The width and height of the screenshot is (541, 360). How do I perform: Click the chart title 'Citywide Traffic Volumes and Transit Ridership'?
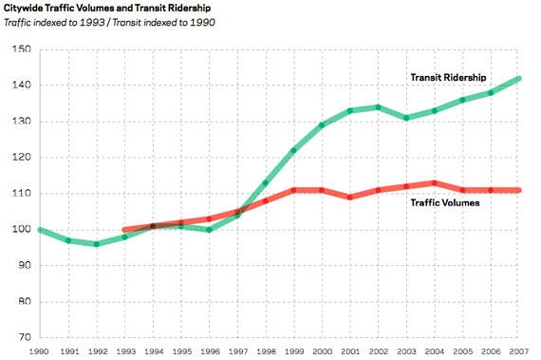point(108,9)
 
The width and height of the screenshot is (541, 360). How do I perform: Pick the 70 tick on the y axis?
point(22,337)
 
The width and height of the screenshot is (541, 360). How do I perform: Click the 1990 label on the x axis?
point(40,351)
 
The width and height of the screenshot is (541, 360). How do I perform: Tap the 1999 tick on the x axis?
point(295,351)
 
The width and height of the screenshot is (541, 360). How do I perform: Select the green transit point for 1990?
point(40,230)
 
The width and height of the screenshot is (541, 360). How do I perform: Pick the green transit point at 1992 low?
point(96,244)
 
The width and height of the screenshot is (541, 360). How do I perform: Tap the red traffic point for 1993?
point(124,230)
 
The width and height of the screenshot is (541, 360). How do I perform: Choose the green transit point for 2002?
point(380,107)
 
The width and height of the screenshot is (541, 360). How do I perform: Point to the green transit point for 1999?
point(294,150)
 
